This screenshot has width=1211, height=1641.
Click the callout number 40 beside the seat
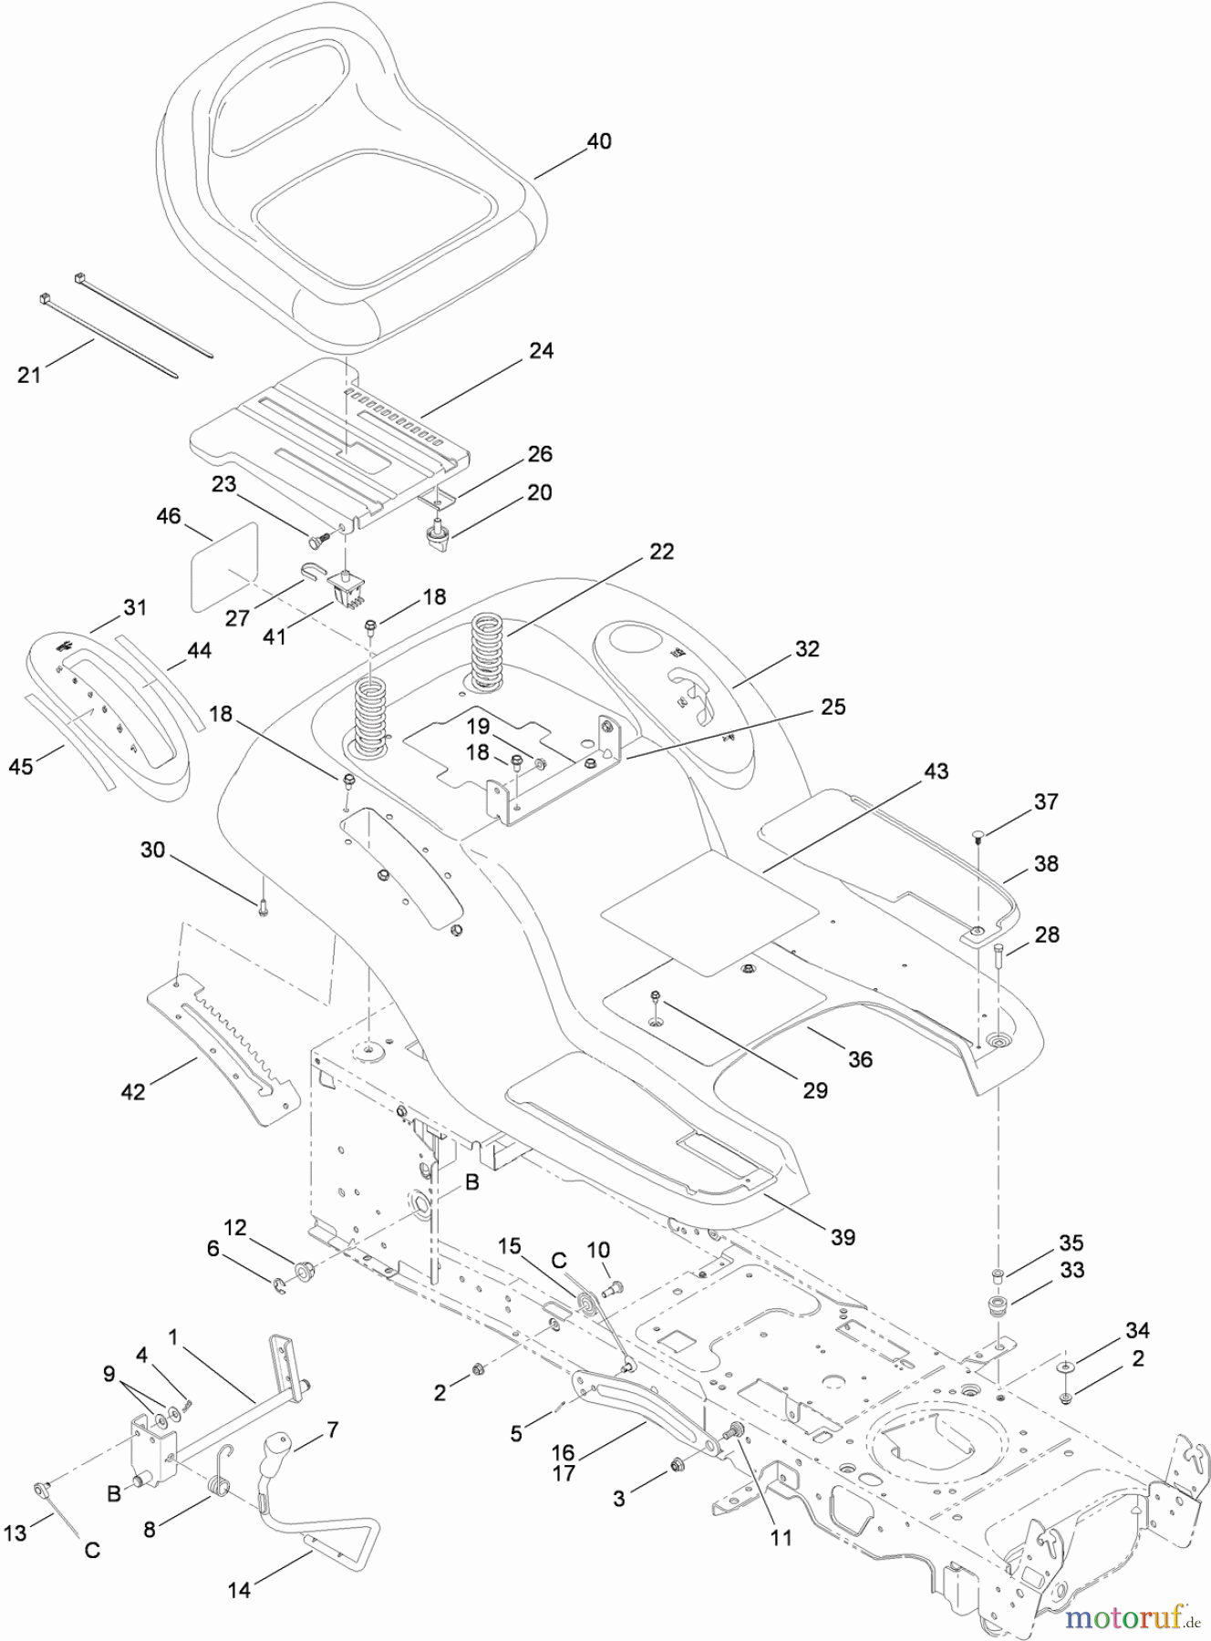[598, 141]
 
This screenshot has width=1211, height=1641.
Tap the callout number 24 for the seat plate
[541, 351]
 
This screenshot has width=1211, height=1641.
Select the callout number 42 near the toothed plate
[133, 1090]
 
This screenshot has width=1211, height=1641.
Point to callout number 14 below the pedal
[239, 1590]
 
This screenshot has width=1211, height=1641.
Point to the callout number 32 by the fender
[807, 649]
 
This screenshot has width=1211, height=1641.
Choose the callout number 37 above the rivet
[1046, 801]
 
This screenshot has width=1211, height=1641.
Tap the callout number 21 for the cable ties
[29, 374]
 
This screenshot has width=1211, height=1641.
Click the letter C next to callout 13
[92, 1550]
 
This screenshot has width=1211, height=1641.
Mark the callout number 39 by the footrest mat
[843, 1237]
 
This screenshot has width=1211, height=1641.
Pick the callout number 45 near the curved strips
[20, 767]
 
